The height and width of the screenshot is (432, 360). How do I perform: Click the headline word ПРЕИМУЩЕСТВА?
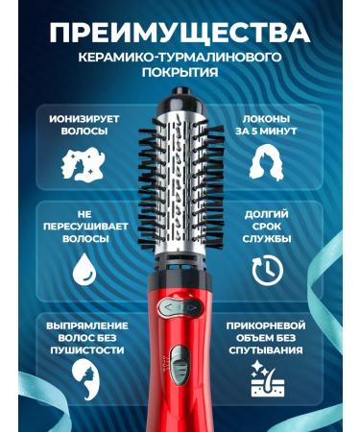point(180,32)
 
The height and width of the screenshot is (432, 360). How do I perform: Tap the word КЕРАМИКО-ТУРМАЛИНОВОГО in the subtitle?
point(180,59)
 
